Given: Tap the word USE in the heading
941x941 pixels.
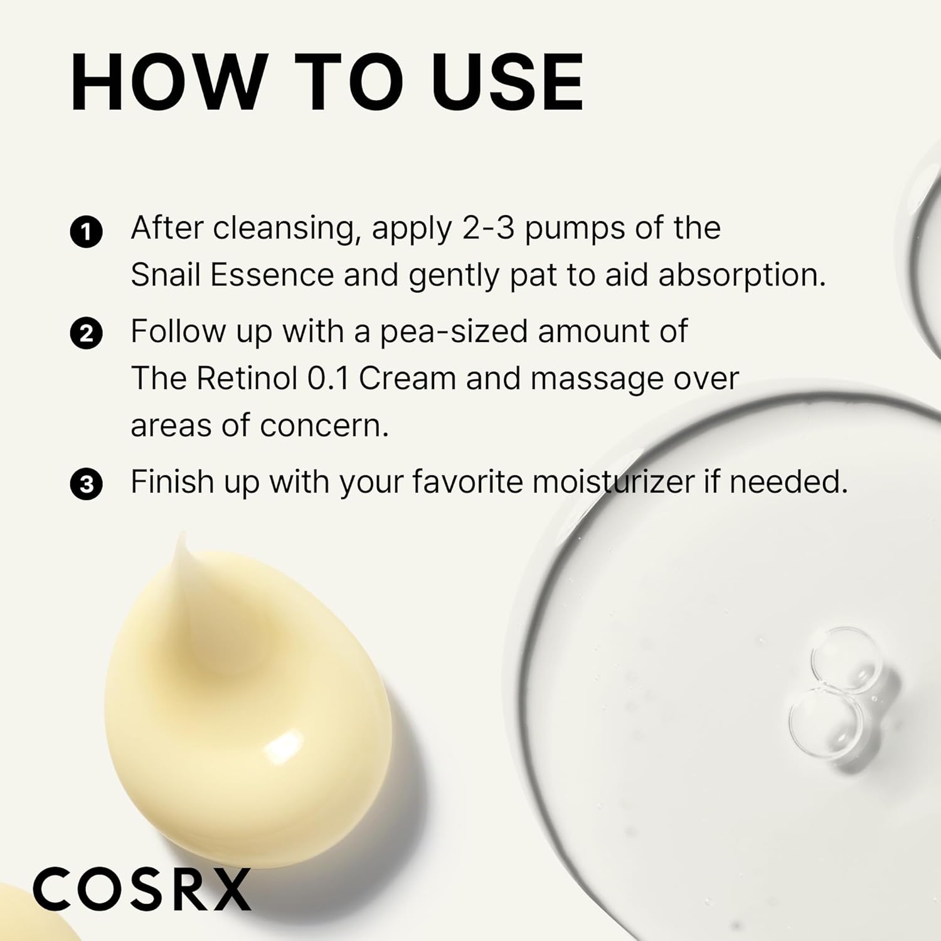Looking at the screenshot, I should click(508, 83).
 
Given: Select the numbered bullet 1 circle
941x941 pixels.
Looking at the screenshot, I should click(86, 232).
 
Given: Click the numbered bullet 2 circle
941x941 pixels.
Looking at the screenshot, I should click(86, 334).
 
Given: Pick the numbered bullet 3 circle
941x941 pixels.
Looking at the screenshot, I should click(86, 485).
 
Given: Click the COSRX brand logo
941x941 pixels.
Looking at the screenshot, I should click(142, 889).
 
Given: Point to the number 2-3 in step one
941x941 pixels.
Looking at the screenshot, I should click(488, 228).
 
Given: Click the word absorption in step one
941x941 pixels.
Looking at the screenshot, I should click(742, 276).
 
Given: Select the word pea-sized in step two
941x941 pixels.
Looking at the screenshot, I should click(454, 332).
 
